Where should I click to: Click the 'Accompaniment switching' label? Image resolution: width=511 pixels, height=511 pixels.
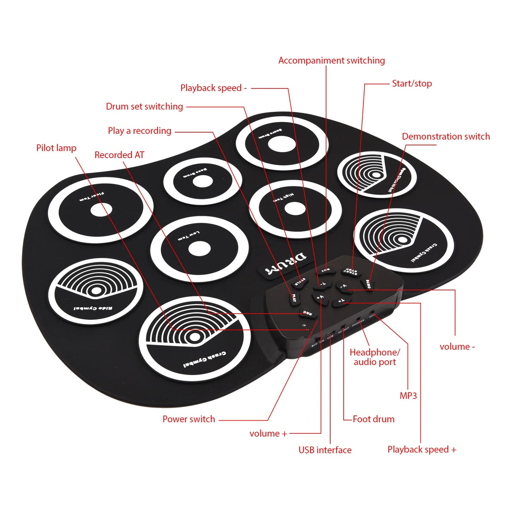[331, 60]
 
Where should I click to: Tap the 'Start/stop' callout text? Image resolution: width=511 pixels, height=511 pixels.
[412, 84]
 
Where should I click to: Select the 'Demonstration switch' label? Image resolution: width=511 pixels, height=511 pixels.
[446, 137]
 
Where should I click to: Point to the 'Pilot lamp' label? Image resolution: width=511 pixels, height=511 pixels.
[56, 148]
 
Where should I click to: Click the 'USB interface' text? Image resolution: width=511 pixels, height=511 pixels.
[325, 450]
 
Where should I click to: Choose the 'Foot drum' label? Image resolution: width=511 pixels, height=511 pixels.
[373, 419]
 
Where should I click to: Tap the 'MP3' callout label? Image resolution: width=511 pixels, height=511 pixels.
[408, 396]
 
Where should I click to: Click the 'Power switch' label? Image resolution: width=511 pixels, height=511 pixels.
[188, 419]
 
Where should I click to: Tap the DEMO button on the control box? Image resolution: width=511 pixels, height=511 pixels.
[367, 284]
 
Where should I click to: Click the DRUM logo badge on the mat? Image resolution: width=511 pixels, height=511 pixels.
[286, 264]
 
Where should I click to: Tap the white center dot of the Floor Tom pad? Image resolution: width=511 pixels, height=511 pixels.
[101, 210]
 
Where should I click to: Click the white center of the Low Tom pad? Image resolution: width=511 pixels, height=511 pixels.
[199, 249]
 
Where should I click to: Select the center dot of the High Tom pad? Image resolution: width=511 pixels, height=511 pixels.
[295, 209]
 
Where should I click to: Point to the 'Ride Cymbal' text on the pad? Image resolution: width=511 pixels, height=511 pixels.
[93, 308]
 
